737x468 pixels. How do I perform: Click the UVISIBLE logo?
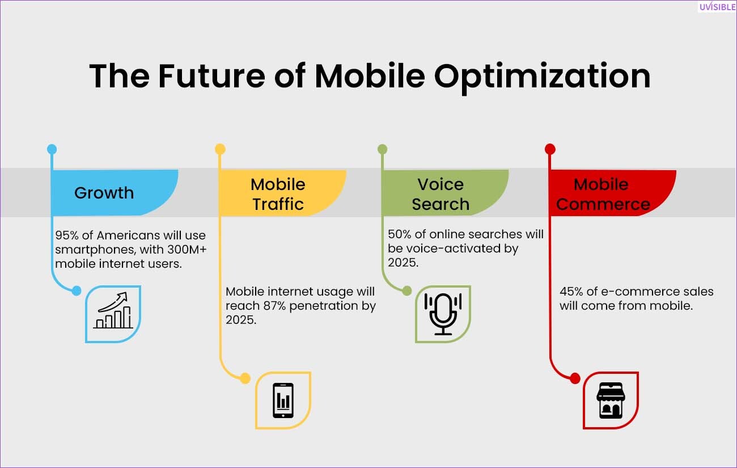(717, 7)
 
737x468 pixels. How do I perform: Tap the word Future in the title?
(211, 76)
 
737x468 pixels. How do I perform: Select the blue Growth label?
(104, 193)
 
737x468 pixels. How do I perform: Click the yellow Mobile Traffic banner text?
(278, 194)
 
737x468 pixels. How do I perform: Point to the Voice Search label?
(440, 194)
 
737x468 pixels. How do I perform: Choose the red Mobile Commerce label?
(603, 194)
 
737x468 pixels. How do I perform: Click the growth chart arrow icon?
(113, 310)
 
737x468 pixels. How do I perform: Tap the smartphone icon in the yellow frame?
(283, 400)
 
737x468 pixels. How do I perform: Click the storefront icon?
(611, 400)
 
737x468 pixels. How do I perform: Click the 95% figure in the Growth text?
(67, 235)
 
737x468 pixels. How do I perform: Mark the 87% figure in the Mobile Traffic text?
(275, 306)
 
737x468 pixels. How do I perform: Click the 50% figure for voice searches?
(400, 234)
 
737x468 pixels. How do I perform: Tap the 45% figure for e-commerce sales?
(571, 292)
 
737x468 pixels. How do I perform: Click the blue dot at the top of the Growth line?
(52, 149)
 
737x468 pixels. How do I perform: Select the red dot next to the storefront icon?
(575, 378)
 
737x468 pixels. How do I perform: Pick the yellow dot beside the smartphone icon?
(245, 378)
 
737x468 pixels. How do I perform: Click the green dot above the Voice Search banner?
(382, 149)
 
